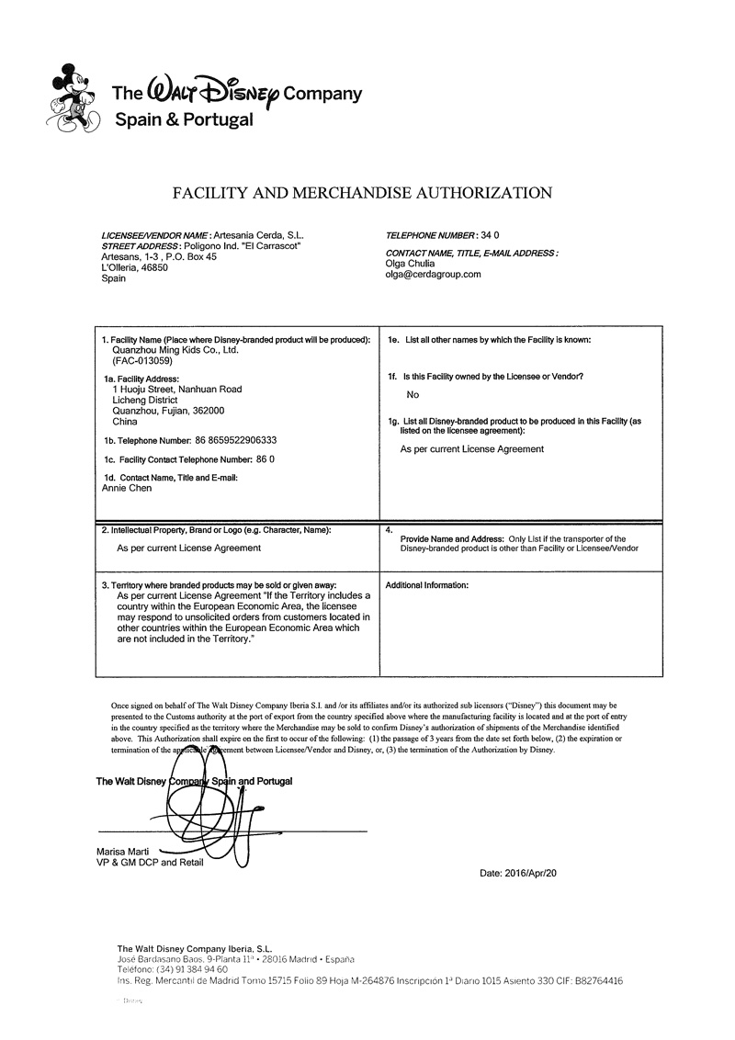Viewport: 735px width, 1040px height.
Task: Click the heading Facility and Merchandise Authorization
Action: [363, 193]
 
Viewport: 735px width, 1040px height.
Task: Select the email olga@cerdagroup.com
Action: [434, 274]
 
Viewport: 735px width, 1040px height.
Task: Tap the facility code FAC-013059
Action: [141, 361]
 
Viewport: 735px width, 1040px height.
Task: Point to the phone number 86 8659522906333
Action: [236, 440]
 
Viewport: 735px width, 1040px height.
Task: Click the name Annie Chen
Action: [127, 488]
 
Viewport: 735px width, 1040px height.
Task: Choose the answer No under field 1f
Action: [413, 395]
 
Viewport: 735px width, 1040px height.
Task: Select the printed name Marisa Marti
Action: [122, 852]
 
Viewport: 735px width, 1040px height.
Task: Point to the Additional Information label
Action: [427, 585]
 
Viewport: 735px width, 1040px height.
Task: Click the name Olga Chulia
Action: [411, 264]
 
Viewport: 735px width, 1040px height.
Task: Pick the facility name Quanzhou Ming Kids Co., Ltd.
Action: [175, 350]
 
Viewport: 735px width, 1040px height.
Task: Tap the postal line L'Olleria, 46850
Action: [134, 267]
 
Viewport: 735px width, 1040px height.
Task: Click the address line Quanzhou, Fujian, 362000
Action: [167, 411]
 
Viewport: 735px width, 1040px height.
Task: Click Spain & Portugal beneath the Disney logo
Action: [184, 119]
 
